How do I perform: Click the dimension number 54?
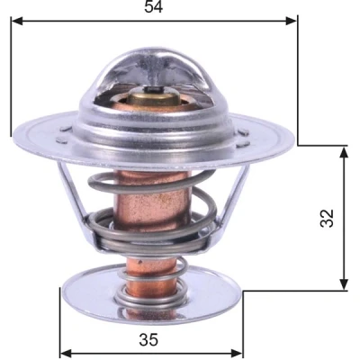[x=153, y=6]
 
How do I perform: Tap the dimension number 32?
[x=327, y=218]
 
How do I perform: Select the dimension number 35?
[x=148, y=340]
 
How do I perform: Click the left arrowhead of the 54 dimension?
[x=17, y=21]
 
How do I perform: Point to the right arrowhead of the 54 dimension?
[x=291, y=21]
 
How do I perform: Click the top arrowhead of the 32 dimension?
[x=344, y=152]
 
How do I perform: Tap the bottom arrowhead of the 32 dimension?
[x=344, y=284]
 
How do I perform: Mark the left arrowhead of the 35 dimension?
[x=67, y=353]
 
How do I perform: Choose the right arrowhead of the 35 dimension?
[x=236, y=353]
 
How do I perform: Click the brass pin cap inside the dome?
[x=153, y=97]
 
